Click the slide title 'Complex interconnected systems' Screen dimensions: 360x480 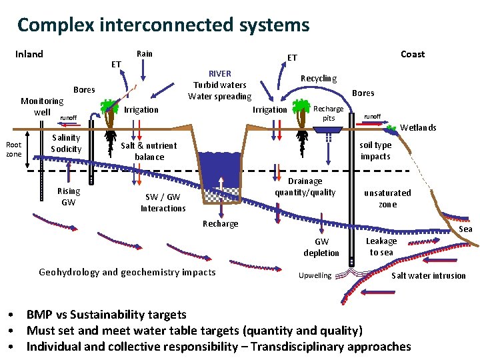(x=163, y=25)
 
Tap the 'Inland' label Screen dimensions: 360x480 (x=29, y=54)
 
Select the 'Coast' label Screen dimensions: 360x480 (x=413, y=54)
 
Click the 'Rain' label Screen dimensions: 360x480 (x=144, y=53)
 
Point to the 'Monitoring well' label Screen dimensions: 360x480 (x=42, y=107)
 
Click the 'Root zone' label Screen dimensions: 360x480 (x=13, y=149)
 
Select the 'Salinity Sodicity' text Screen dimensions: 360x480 (x=66, y=143)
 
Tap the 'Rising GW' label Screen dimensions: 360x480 (x=68, y=197)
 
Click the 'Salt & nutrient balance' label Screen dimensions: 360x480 (x=149, y=151)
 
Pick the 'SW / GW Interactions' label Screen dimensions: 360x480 (x=163, y=203)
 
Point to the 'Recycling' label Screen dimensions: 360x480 (x=319, y=78)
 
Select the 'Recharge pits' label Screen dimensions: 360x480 (x=329, y=113)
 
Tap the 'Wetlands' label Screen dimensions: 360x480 (x=418, y=127)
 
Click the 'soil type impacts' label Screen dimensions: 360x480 (x=375, y=151)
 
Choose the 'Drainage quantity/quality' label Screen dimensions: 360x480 (x=305, y=187)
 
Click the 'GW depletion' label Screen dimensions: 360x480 (x=321, y=247)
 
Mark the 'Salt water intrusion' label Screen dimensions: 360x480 (x=428, y=275)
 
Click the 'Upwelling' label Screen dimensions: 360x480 (x=315, y=275)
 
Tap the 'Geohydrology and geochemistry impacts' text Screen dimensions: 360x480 (x=127, y=272)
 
